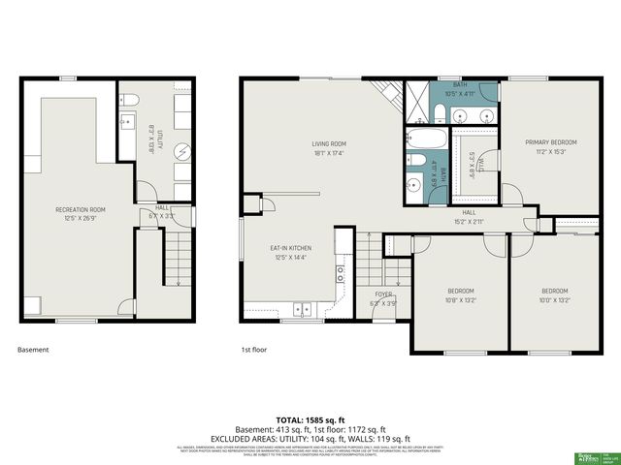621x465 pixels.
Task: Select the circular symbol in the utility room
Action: coord(181,151)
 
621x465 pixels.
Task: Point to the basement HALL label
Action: coord(162,206)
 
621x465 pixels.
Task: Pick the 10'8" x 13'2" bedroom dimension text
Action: coord(460,299)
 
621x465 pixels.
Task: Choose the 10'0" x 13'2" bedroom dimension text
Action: coord(554,299)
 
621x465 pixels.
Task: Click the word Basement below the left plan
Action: coord(33,350)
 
